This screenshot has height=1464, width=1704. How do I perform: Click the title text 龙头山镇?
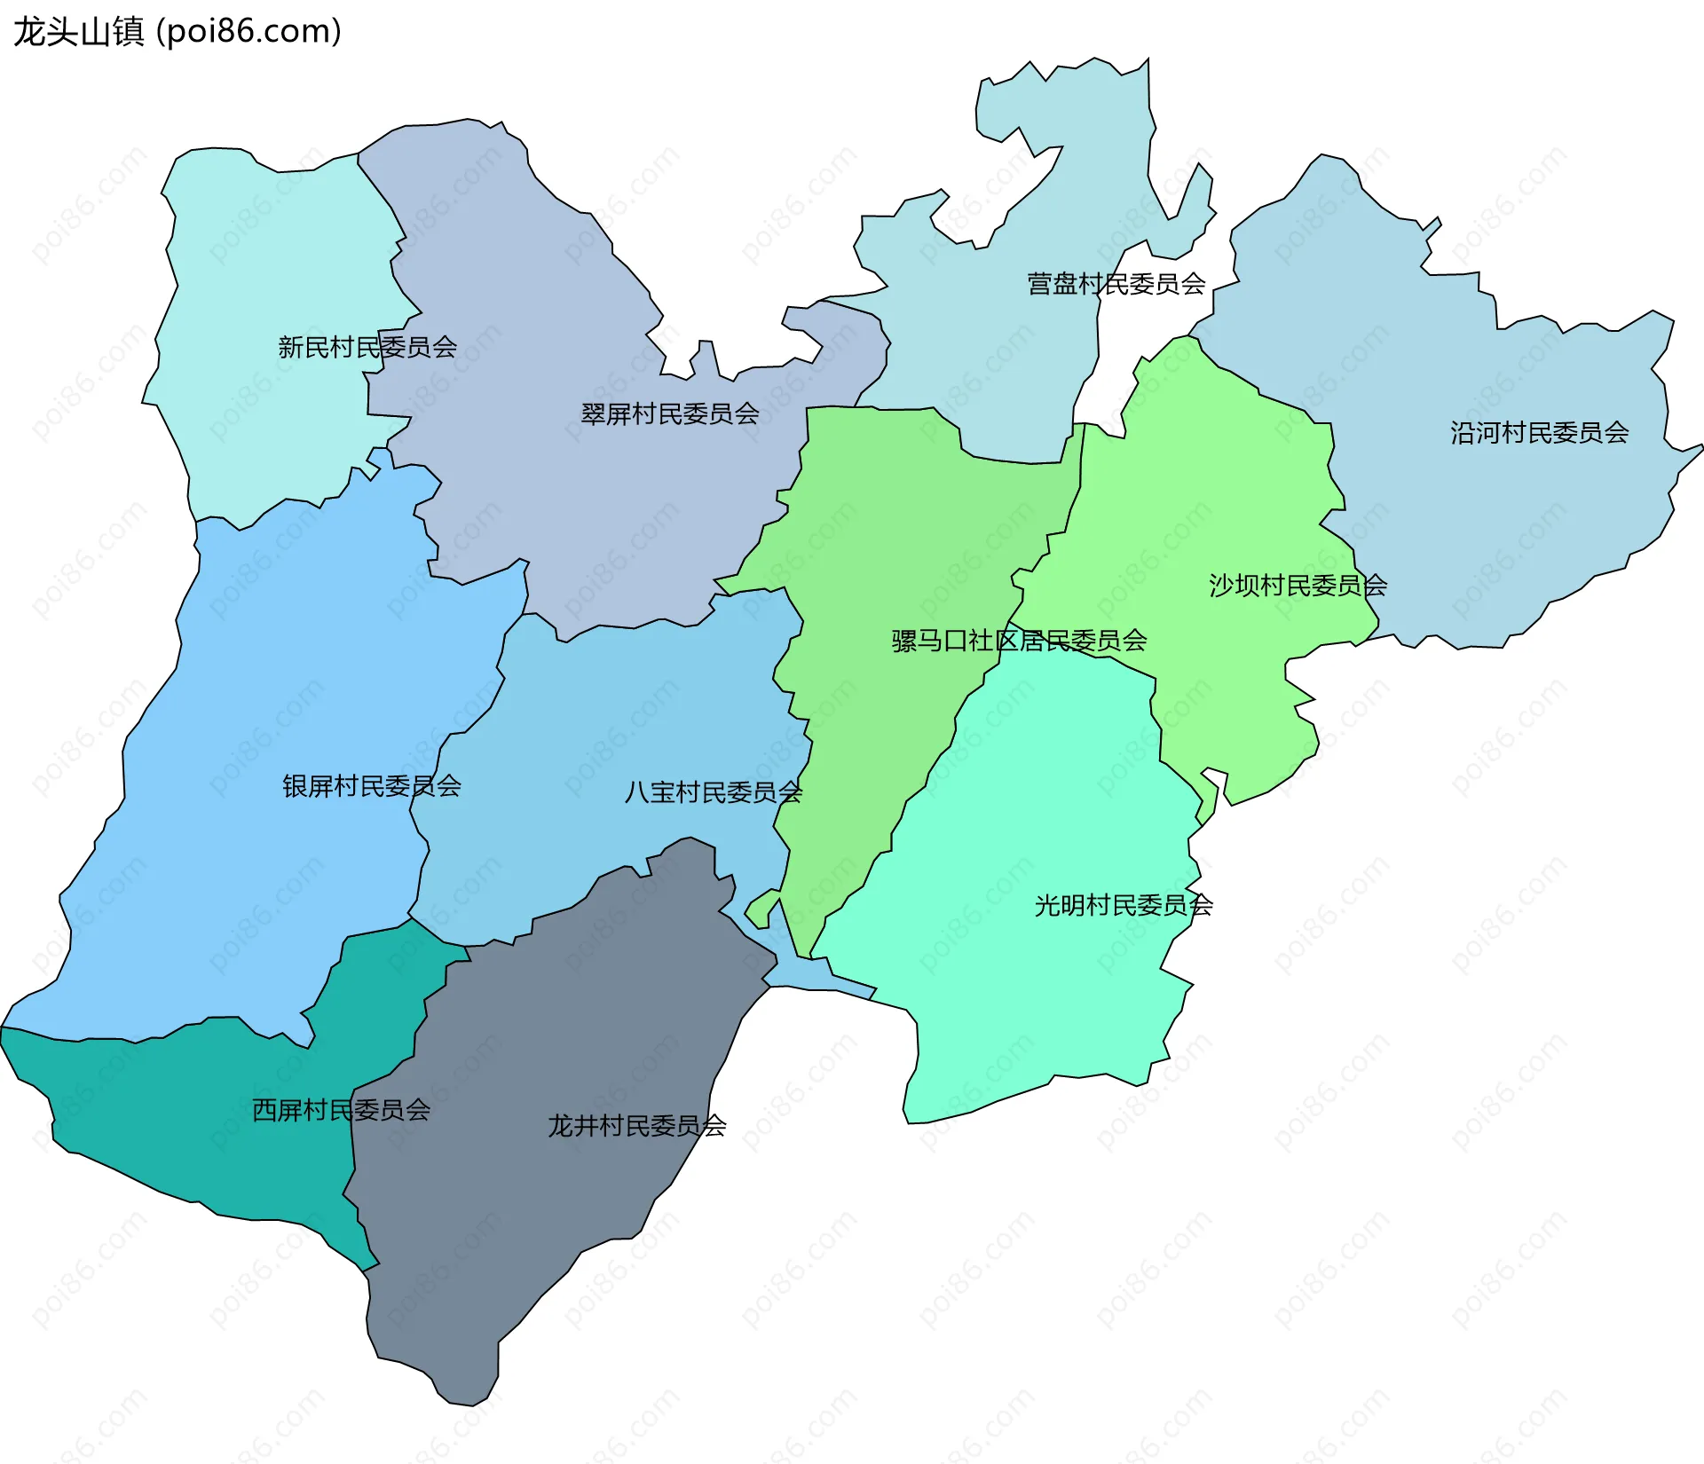pos(78,32)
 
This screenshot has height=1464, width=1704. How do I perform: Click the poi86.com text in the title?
pos(248,32)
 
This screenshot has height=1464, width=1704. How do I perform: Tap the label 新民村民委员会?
pos(367,347)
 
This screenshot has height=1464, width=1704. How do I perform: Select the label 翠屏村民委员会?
pos(670,413)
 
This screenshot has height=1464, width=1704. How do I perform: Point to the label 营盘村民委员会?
pos(1116,284)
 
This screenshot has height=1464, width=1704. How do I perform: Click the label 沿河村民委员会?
pos(1539,433)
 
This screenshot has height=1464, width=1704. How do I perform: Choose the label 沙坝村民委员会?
pos(1297,586)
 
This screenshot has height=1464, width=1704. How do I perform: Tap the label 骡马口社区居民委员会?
pos(1019,641)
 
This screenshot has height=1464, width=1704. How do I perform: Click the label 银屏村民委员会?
pos(371,786)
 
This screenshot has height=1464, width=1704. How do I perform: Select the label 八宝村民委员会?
pos(713,792)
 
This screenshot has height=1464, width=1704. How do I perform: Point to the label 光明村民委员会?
pos(1123,905)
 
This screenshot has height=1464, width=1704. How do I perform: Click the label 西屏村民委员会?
pos(341,1110)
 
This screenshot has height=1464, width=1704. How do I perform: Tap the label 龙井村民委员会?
pos(636,1126)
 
